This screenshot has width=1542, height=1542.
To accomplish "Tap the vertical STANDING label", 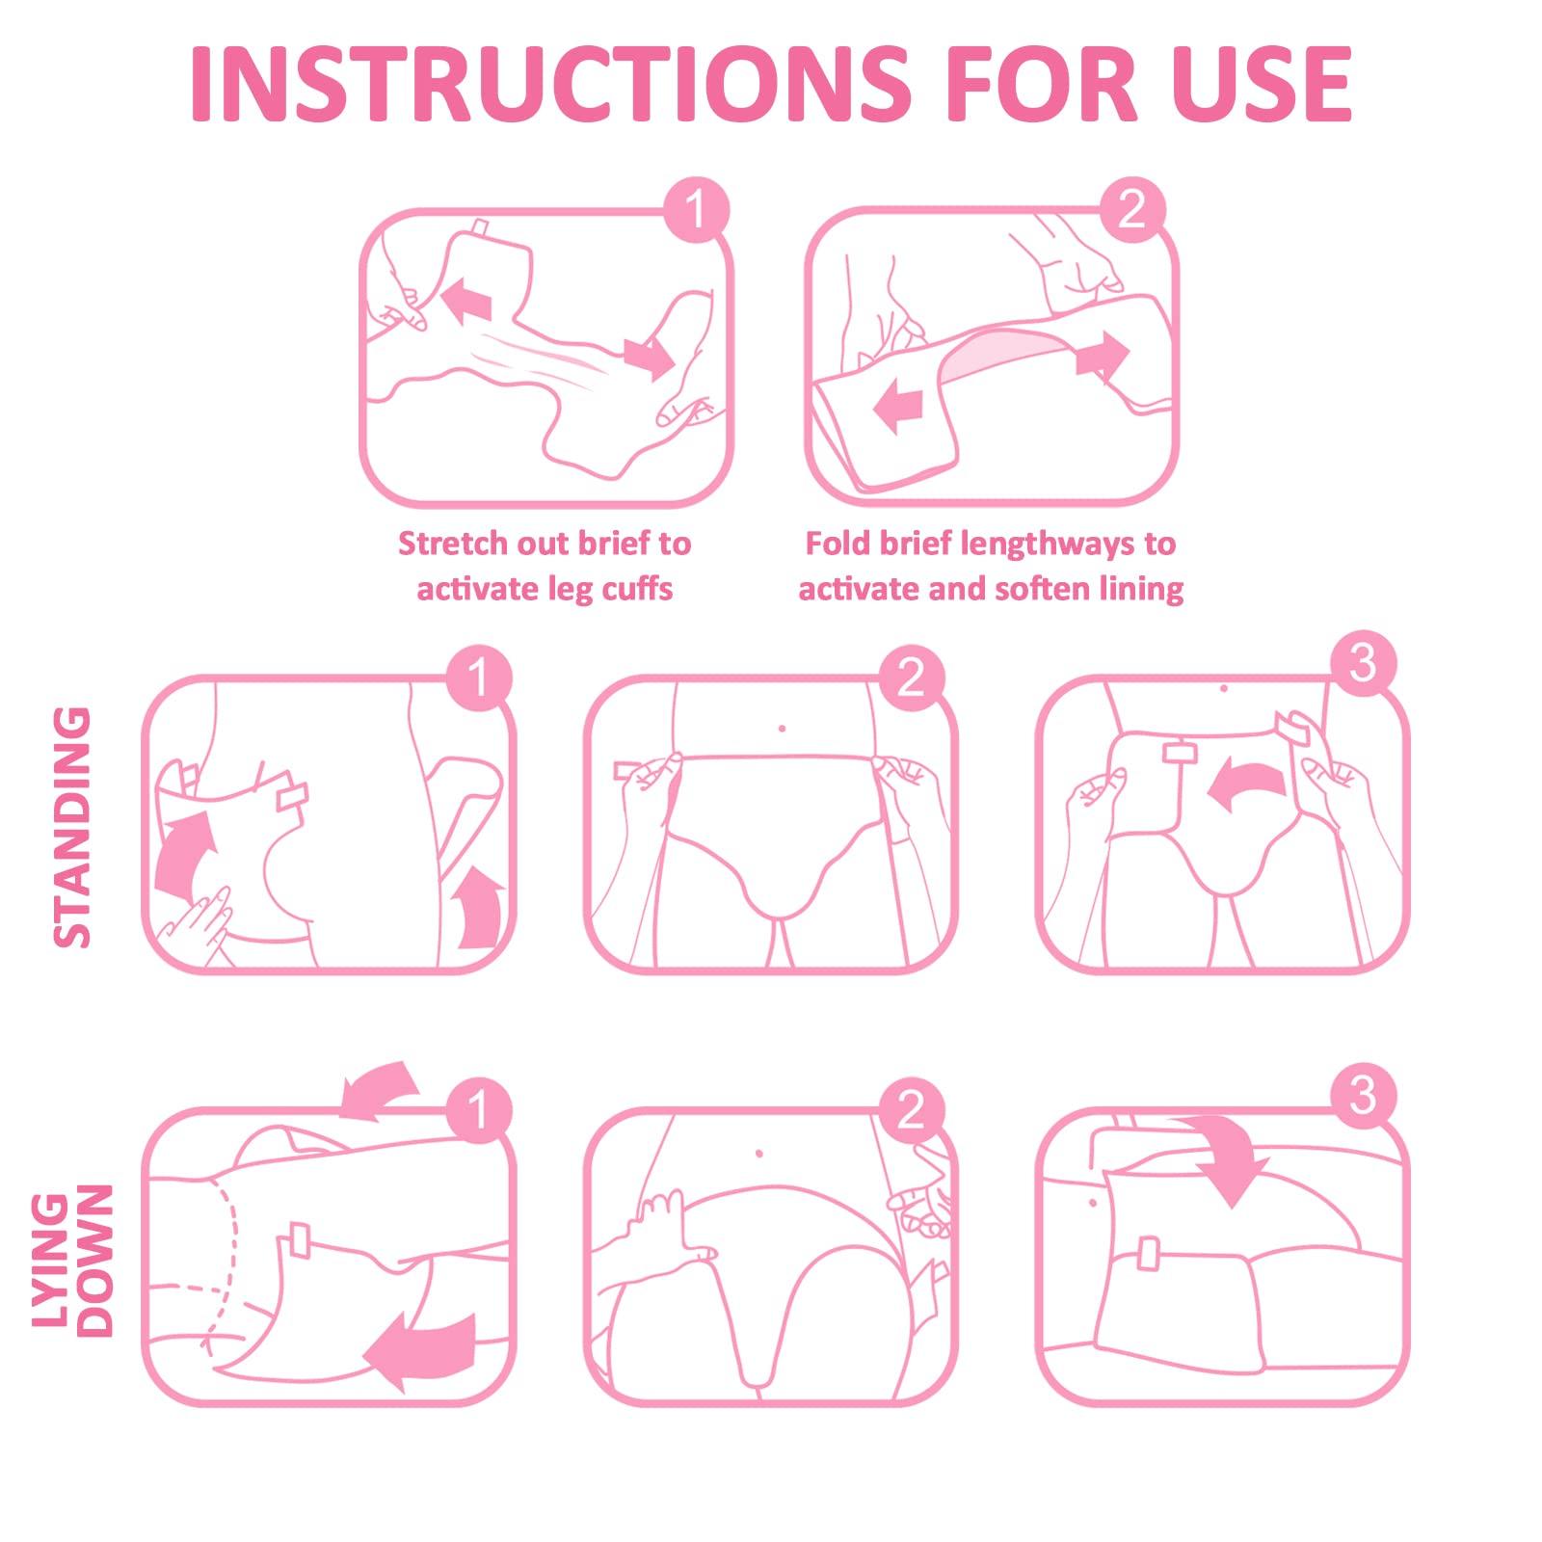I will pyautogui.click(x=72, y=827).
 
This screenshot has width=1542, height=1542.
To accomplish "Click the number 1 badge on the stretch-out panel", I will pyautogui.click(x=697, y=209).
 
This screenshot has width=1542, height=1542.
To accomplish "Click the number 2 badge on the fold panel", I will pyautogui.click(x=1132, y=209).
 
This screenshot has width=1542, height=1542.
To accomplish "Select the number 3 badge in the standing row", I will pyautogui.click(x=1362, y=663).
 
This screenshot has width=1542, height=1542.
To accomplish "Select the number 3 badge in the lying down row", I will pyautogui.click(x=1362, y=1096).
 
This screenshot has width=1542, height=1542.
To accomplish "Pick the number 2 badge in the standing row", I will pyautogui.click(x=911, y=678).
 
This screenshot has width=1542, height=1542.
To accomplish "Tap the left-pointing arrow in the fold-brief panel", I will pyautogui.click(x=897, y=404).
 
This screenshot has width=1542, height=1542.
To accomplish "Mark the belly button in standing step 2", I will pyautogui.click(x=782, y=729).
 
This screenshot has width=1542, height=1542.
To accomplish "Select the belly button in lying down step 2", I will pyautogui.click(x=760, y=1153).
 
